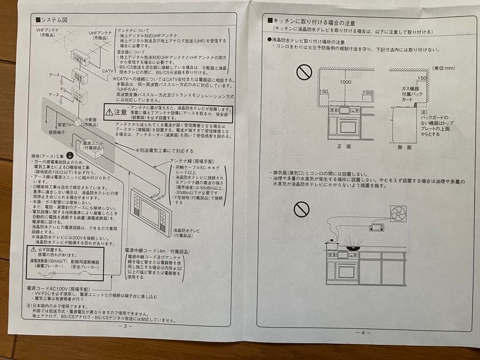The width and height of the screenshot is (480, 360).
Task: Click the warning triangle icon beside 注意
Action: (109, 112)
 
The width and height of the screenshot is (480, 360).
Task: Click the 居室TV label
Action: (65, 125)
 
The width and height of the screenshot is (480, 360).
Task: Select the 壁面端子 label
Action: (58, 132)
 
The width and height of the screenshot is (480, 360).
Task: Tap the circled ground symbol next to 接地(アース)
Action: (69, 155)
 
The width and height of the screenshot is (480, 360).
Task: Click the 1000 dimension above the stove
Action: (345, 82)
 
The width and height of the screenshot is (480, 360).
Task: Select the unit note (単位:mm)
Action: (444, 68)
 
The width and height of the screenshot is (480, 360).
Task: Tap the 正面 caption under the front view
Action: (344, 146)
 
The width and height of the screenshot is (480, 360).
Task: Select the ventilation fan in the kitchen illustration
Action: (398, 213)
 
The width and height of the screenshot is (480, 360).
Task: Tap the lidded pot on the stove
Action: (332, 245)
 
